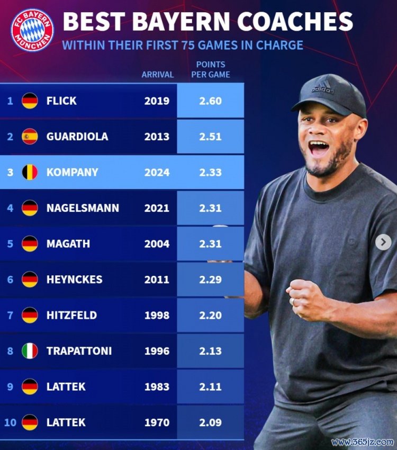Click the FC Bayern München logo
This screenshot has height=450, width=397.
coord(32,30)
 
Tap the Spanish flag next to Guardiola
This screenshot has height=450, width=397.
coord(30,137)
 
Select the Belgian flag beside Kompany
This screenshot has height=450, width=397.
coord(30,172)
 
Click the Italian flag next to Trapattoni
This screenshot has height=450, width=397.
coord(30,351)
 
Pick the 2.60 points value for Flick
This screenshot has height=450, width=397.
coord(210,101)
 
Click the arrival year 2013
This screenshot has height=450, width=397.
coord(157,137)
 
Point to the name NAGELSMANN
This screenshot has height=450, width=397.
coord(83,208)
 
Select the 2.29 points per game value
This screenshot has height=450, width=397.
coord(210,280)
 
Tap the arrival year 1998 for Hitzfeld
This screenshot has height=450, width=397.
coord(157,316)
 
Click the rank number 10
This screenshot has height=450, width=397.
coord(10,422)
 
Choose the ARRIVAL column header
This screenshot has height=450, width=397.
coord(157,75)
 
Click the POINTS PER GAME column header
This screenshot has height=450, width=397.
coord(211,69)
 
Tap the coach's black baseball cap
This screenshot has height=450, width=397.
coord(329,94)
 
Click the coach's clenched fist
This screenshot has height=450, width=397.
coord(308,299)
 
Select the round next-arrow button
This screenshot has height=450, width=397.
coord(383,242)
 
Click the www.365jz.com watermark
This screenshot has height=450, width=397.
coord(363,442)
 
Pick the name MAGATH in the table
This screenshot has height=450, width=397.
coord(68,244)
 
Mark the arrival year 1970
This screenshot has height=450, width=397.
coord(157,422)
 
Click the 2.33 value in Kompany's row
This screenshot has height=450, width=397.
coord(210,172)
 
